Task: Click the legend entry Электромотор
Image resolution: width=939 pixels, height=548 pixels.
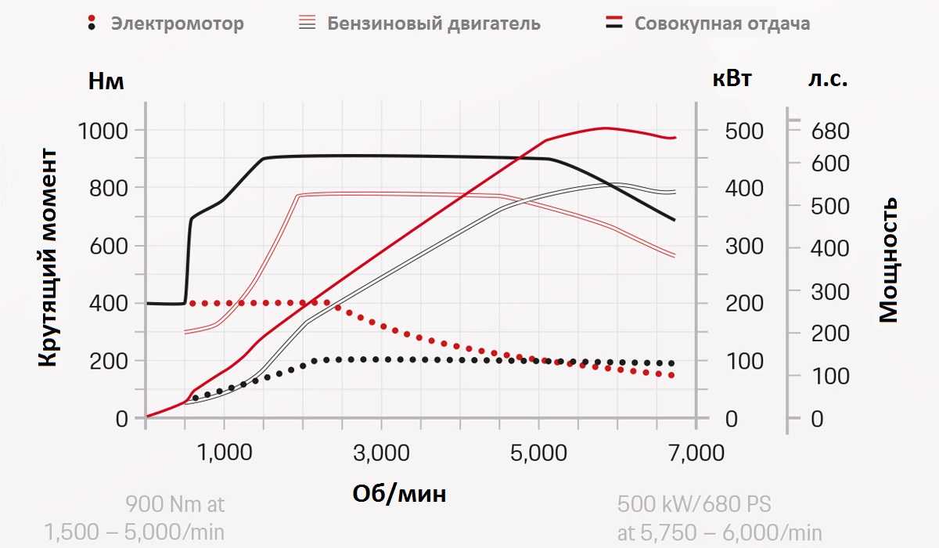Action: [177, 23]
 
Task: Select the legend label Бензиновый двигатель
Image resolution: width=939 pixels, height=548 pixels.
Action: [434, 23]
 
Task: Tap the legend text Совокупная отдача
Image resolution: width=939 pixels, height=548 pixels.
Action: [721, 23]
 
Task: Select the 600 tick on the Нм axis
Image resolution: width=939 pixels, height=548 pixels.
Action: [110, 246]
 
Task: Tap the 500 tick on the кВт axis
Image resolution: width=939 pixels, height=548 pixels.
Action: [743, 131]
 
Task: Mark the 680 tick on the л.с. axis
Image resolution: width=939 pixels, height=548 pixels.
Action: [829, 131]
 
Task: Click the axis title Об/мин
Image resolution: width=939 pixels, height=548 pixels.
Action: [399, 493]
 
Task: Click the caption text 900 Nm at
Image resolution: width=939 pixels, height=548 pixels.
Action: [174, 503]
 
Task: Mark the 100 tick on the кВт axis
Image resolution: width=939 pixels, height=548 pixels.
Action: [743, 361]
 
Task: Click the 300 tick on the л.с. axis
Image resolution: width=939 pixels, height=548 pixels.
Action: [829, 291]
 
